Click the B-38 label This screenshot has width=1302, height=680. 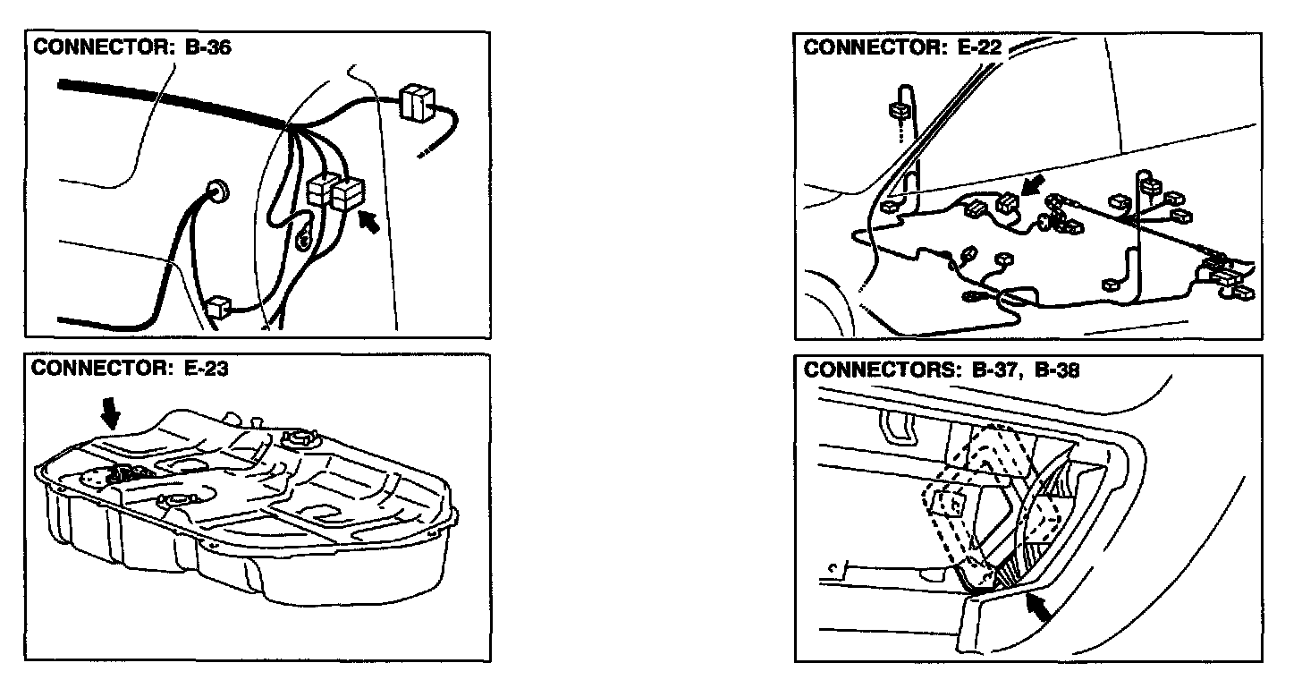tap(1055, 370)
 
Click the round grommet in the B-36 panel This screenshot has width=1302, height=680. tap(216, 191)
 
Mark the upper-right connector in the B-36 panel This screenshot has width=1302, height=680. tap(415, 102)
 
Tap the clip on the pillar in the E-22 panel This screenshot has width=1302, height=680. tap(899, 112)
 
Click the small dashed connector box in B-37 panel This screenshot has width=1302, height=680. tap(946, 503)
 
